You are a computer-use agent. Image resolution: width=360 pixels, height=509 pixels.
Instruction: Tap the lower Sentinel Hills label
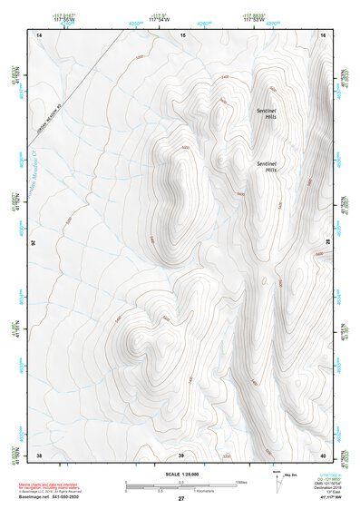click(x=269, y=165)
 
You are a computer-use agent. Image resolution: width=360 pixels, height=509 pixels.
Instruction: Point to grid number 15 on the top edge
click(x=182, y=34)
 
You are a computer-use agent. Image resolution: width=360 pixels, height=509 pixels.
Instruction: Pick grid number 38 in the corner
click(x=39, y=454)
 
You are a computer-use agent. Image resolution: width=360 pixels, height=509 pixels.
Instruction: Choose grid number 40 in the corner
click(x=323, y=454)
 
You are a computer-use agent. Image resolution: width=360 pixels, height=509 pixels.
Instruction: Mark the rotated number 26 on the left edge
click(x=34, y=243)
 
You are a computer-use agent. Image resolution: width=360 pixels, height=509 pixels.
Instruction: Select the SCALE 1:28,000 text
click(x=180, y=474)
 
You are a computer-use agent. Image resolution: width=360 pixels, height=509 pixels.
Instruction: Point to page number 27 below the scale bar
click(x=180, y=499)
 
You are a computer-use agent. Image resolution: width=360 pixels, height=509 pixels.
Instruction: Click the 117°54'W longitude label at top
click(x=159, y=19)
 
